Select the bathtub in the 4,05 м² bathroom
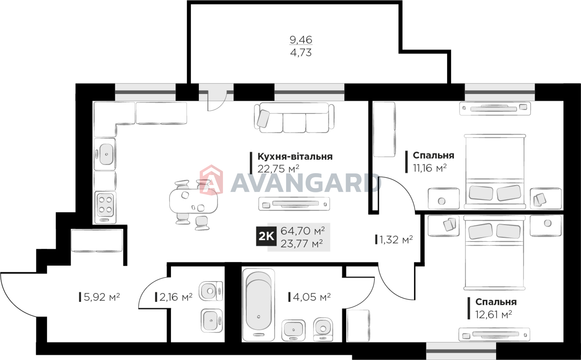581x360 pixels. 258,305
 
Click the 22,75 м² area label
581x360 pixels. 278,169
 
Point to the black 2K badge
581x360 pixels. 266,236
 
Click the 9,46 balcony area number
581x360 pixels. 301,40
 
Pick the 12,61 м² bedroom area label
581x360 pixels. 493,315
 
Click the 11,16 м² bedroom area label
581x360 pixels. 430,168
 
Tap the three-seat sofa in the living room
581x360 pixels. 294,118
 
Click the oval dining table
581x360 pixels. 194,201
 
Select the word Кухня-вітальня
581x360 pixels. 295,156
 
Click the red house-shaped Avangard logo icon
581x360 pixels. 211,179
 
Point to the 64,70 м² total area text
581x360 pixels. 303,230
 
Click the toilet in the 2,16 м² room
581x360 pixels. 211,291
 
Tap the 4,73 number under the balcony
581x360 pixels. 301,53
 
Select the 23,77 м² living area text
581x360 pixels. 302,244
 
